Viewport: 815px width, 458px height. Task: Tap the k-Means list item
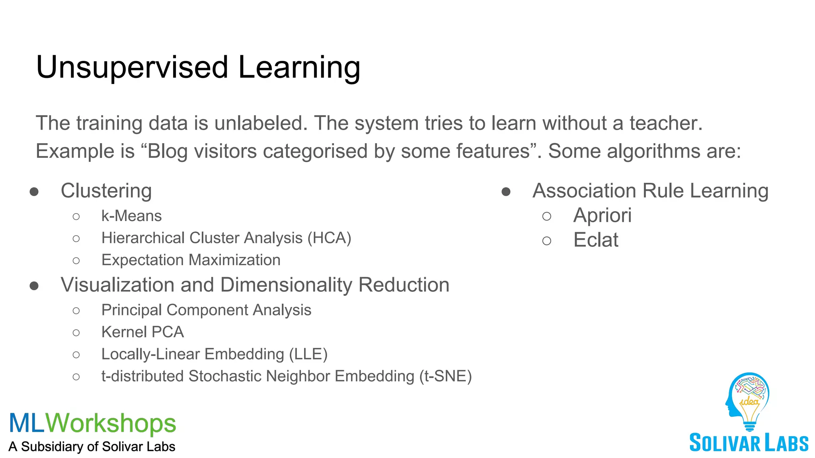tap(131, 216)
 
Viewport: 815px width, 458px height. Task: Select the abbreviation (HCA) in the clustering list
tap(329, 238)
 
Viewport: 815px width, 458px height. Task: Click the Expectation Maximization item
tap(191, 260)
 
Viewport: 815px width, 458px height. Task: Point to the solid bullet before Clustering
tap(34, 192)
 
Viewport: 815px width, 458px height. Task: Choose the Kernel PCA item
tap(142, 332)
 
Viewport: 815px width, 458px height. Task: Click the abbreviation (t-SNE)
tap(445, 376)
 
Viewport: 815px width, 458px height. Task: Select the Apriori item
tap(602, 215)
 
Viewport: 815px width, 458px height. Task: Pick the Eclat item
tap(595, 240)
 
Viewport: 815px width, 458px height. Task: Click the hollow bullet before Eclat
tap(547, 241)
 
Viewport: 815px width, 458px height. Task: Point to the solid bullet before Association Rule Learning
tap(506, 192)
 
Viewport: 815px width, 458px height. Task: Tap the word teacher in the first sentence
tap(666, 123)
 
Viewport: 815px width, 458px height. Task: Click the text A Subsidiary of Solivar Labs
tap(92, 446)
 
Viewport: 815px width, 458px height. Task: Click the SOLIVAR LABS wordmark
tap(749, 443)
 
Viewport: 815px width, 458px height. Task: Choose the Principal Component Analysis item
tap(206, 310)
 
